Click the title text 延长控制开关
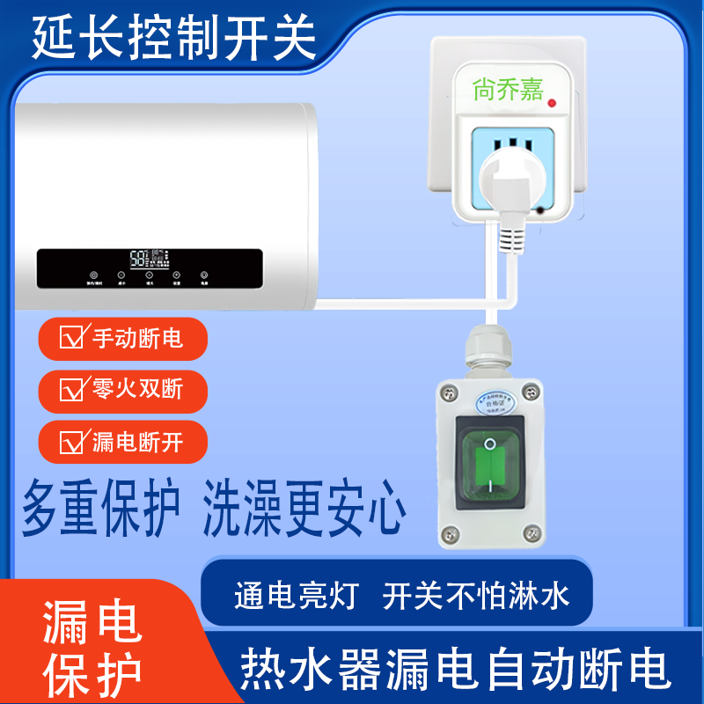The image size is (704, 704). click(x=173, y=37)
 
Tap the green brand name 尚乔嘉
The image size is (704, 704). click(x=508, y=90)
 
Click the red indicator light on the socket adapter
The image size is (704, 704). click(x=552, y=105)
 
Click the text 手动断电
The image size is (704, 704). click(x=137, y=337)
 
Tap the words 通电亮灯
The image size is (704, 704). click(x=296, y=596)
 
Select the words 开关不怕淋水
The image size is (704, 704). click(x=476, y=596)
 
